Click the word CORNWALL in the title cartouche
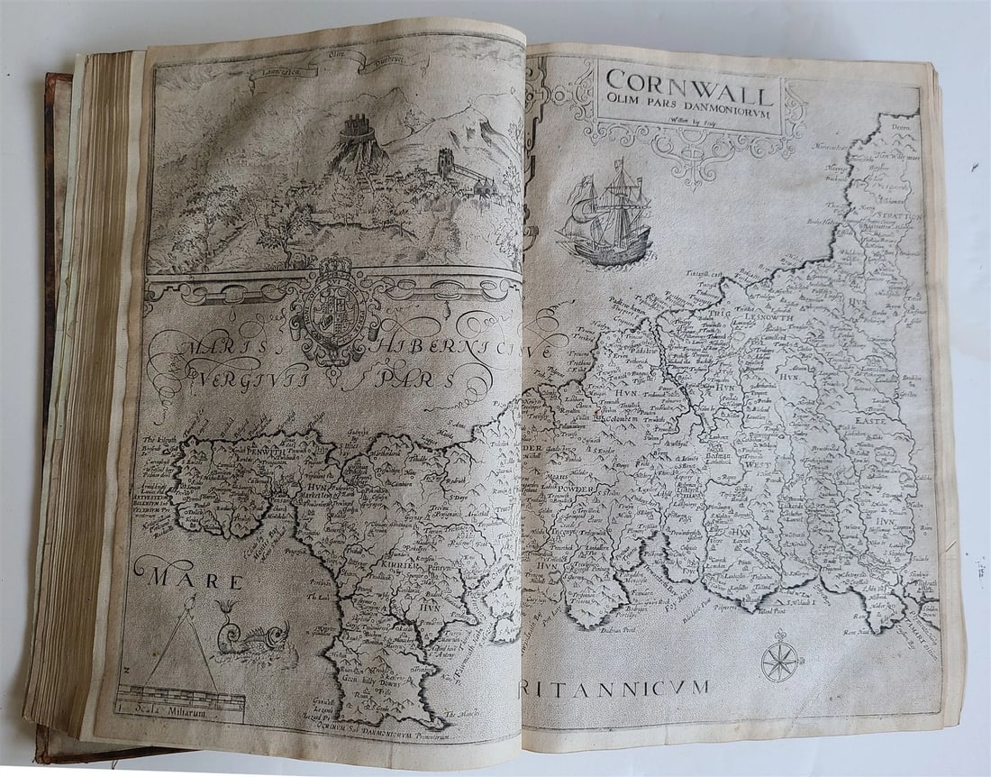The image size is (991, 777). point(688,93)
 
